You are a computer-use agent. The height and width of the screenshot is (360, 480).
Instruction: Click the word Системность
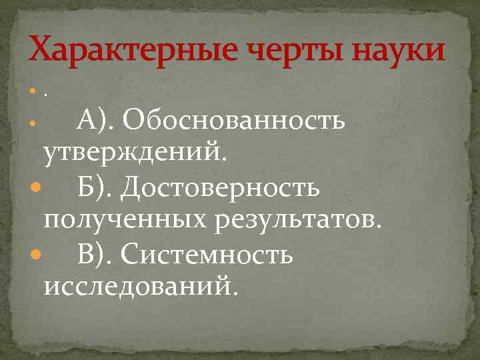point(207,254)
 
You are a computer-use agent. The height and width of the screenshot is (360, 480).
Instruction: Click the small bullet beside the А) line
point(35,125)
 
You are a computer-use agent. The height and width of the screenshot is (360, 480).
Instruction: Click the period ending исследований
point(234,294)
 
